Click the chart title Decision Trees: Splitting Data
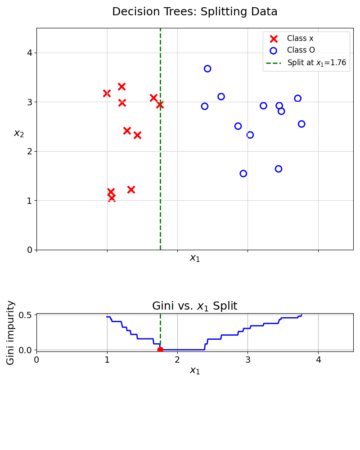[194, 12]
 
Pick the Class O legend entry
[301, 50]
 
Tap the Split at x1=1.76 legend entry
[316, 63]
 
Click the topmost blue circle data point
[207, 69]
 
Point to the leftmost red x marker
[107, 93]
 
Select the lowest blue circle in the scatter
[243, 173]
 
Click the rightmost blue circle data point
[301, 124]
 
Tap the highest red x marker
[121, 86]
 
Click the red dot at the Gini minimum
[160, 350]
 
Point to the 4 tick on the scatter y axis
[29, 53]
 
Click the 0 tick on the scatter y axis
[29, 250]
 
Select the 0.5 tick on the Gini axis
[26, 315]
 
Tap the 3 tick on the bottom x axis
[248, 360]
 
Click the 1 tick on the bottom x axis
[107, 360]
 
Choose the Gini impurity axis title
[11, 332]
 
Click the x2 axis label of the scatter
[19, 133]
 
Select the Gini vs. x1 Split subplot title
[194, 306]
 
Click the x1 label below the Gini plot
[194, 371]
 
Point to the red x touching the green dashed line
[160, 105]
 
